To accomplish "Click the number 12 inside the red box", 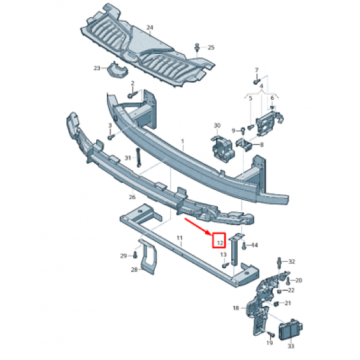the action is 220,243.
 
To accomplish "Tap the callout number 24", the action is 150,27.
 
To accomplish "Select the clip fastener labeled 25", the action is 197,48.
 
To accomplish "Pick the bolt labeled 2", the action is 133,94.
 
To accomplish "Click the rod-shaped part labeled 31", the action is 138,157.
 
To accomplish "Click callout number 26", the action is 132,197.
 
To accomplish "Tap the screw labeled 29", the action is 135,254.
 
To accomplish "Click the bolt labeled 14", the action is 244,246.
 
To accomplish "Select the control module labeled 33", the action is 291,329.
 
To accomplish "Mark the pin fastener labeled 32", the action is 280,262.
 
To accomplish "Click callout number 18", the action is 236,308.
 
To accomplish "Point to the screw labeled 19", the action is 271,334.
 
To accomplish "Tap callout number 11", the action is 179,238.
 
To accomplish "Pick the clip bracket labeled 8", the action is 244,144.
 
